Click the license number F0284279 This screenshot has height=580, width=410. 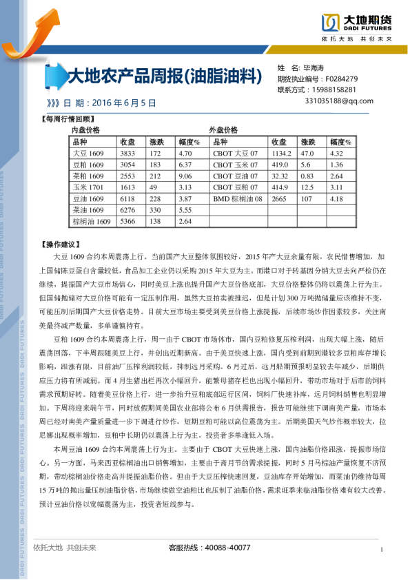click(x=341, y=79)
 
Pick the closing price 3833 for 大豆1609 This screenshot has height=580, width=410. click(x=127, y=153)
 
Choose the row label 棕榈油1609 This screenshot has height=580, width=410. click(x=92, y=221)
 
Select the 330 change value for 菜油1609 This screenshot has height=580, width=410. click(x=155, y=209)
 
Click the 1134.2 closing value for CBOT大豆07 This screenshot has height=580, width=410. click(x=282, y=153)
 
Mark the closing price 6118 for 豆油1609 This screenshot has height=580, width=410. click(x=127, y=198)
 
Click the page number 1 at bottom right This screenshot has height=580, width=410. click(x=381, y=548)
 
